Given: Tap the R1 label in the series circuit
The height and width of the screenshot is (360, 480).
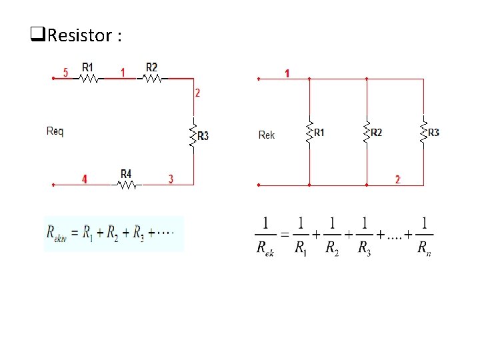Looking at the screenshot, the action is coord(88,67).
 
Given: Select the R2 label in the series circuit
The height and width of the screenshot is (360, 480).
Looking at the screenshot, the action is coord(151,67).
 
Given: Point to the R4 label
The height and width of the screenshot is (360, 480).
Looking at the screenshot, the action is coord(126,174).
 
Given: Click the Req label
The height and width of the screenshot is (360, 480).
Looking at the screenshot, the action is coord(55,131).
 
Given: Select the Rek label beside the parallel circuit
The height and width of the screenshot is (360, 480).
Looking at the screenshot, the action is coord(266,135).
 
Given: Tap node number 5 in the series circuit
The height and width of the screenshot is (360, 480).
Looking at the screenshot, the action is coord(65,72).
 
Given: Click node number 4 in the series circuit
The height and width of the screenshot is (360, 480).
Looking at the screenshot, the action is coord(84,179).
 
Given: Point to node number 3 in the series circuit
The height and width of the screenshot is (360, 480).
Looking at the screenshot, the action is coord(171,179).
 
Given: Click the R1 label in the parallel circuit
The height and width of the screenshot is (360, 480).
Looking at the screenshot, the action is coord(319,133).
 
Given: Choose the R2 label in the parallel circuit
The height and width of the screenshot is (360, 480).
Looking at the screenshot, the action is coord(377,133).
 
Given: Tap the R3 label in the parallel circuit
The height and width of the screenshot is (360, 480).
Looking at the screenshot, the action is coord(433,133).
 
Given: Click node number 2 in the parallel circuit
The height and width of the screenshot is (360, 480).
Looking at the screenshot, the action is coord(397,179).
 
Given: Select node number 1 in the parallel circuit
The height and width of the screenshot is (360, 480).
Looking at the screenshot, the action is coord(287,73).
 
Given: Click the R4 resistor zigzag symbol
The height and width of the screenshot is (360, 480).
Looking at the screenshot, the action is coord(127,185).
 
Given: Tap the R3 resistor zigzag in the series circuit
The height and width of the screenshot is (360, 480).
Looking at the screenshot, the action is coord(193,133).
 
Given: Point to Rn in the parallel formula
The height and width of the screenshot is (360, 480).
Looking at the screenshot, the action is coord(423,249).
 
